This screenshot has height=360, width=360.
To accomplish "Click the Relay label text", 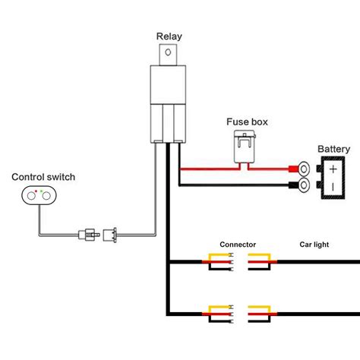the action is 169,36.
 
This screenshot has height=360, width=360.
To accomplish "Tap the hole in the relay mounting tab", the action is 168,52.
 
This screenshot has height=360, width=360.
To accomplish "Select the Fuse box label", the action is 247,122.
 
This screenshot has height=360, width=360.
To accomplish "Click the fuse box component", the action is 245,147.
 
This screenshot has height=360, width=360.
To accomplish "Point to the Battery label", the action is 333,149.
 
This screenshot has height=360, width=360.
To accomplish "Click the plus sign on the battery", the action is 333,169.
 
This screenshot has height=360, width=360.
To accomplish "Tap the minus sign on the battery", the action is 333,188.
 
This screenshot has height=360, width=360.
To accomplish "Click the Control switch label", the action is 43,177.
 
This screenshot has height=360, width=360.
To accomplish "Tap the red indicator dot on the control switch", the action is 36,191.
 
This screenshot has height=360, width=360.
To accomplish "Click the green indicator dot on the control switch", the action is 42,191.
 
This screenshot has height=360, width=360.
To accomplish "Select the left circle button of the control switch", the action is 31,196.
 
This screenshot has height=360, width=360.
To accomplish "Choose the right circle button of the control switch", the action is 46,196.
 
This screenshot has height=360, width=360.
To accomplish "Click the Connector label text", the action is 238,245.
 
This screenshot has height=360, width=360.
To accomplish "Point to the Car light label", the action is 314,245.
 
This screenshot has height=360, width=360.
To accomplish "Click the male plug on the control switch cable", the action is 89,235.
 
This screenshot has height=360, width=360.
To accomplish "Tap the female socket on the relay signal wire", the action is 110,235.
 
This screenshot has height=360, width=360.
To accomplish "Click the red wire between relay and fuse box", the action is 210,169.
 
